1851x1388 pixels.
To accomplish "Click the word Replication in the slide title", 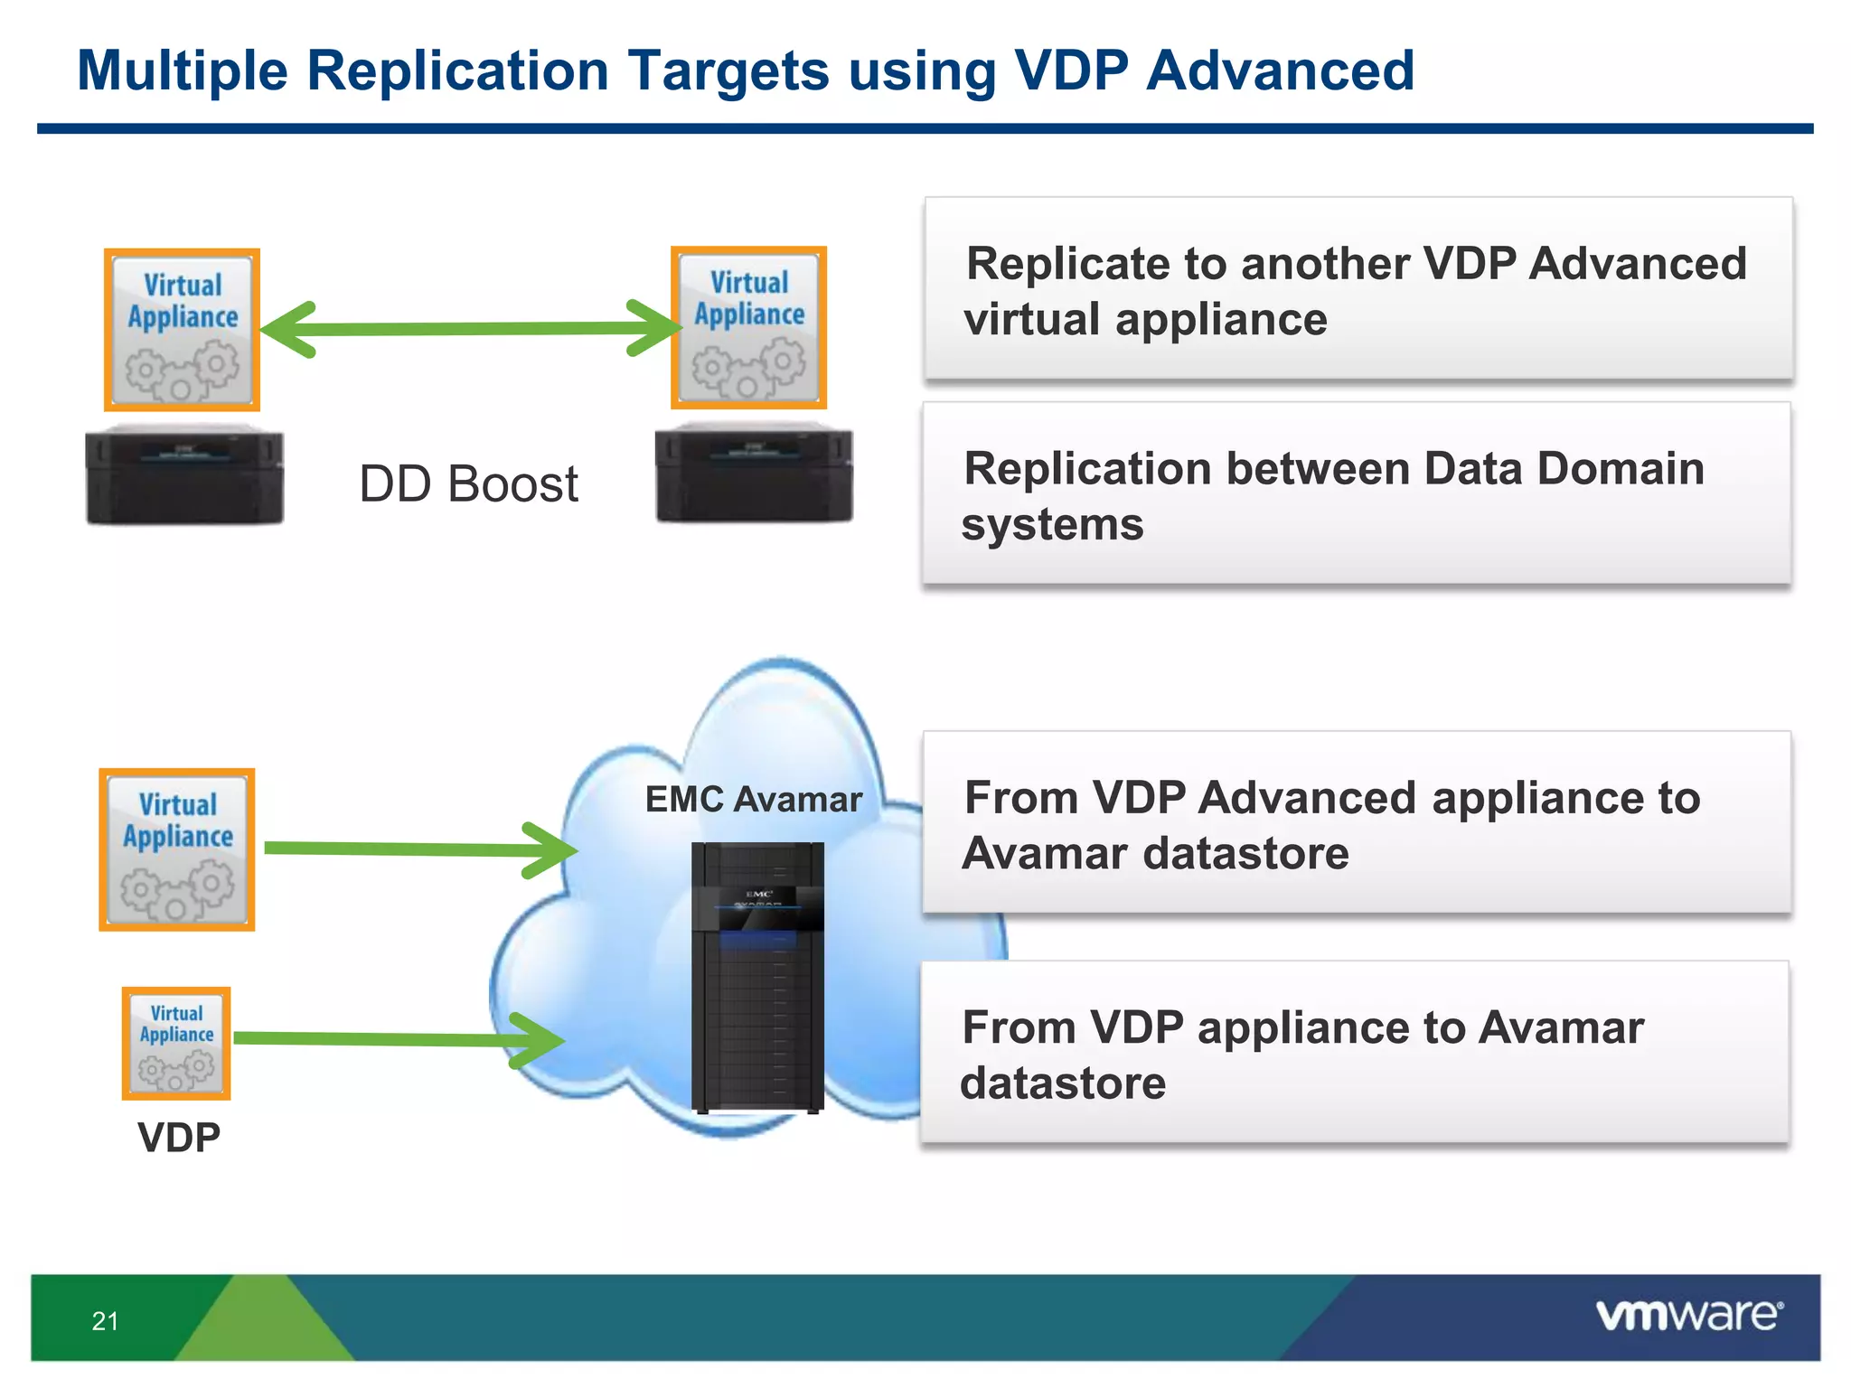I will coord(457,70).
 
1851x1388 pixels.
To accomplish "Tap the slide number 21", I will coord(105,1321).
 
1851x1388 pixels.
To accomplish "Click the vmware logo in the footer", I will coord(1688,1316).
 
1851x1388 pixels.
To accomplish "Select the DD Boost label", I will coord(468,484).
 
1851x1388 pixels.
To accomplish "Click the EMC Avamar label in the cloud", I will coord(753,800).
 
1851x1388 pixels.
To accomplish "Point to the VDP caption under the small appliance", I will coord(179,1138).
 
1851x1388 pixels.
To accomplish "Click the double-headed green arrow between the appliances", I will coord(470,329).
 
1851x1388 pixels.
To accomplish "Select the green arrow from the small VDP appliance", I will coord(398,1039).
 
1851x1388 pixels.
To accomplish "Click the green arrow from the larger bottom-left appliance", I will coord(416,849).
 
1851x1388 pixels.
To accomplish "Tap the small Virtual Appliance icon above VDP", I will coord(176,1044).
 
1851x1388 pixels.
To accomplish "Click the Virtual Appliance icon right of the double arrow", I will coord(748,328).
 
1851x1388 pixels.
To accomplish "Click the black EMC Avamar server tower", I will coord(757,976).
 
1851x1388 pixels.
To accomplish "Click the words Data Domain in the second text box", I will coord(1564,469).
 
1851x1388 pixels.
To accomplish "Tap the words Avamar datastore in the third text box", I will coord(1154,854).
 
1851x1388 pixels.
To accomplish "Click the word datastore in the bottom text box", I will coord(1063,1083).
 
